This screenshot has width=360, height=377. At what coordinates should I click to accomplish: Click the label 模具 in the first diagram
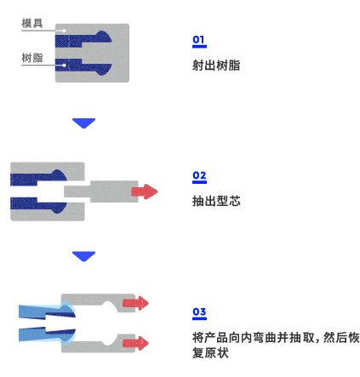[32, 23]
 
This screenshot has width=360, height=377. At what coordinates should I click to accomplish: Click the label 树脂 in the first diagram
[32, 58]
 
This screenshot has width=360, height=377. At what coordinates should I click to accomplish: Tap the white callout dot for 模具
[65, 31]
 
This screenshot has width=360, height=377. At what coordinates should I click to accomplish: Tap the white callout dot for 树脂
[65, 66]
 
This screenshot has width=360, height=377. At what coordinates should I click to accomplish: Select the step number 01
[199, 40]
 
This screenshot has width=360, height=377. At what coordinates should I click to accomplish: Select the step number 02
[199, 175]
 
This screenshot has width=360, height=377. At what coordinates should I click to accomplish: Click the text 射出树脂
[216, 66]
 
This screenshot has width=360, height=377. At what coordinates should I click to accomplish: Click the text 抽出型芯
[216, 201]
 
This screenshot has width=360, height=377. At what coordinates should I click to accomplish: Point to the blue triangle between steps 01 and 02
[83, 123]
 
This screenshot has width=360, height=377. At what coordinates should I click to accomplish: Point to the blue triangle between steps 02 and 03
[83, 256]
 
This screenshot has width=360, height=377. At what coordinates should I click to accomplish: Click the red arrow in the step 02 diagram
[144, 191]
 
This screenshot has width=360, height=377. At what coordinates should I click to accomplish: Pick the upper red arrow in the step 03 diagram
[135, 303]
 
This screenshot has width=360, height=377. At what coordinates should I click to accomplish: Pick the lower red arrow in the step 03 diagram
[135, 343]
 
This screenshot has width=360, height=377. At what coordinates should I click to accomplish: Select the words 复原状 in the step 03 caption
[210, 353]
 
